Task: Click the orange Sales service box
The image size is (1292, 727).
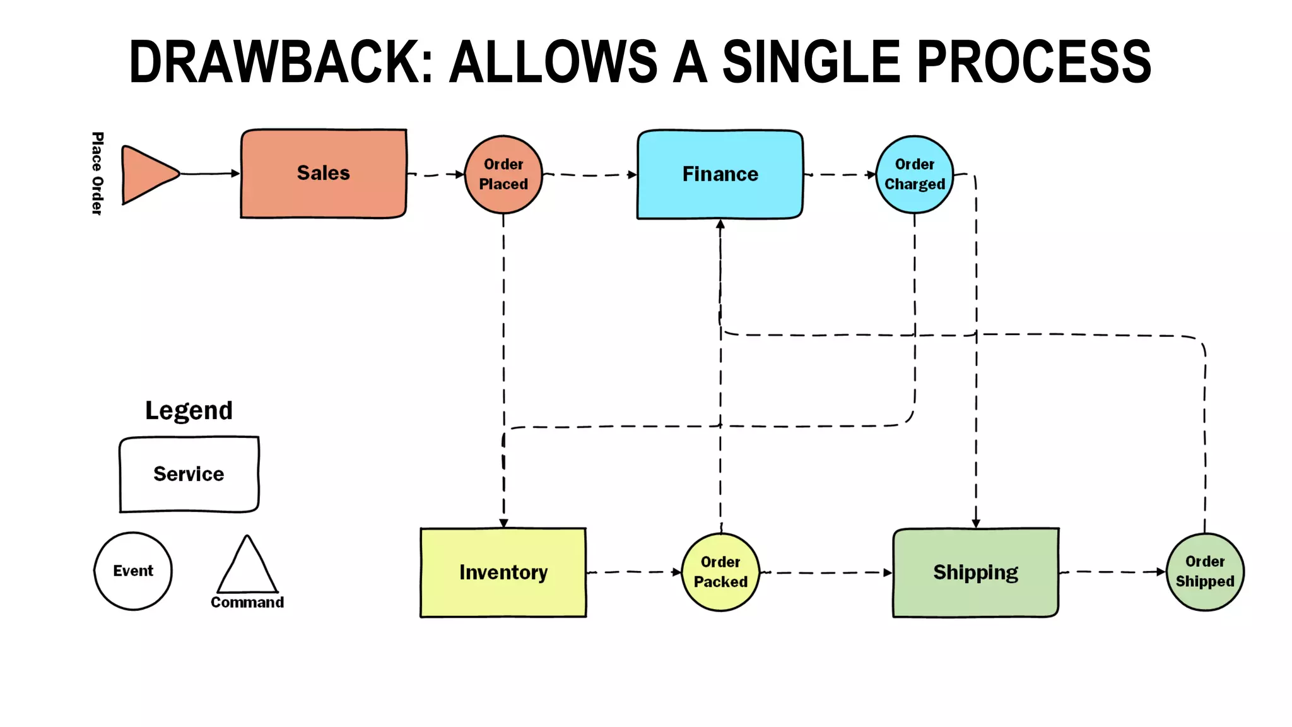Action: [323, 174]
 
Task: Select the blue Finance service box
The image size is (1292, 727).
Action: [720, 174]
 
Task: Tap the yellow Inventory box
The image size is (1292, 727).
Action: [503, 572]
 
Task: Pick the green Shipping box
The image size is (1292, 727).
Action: [975, 572]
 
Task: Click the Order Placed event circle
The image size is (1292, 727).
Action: [503, 174]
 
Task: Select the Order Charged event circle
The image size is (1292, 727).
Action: [914, 174]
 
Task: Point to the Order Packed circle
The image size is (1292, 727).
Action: [720, 572]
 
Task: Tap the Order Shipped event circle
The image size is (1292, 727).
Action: [1204, 572]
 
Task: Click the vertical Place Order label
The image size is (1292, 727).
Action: [97, 174]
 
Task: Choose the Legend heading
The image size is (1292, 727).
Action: [189, 411]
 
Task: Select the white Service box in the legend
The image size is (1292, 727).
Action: [189, 474]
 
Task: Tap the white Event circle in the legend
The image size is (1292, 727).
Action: [133, 570]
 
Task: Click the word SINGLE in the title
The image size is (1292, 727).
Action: [811, 62]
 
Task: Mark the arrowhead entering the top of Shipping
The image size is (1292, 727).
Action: [976, 523]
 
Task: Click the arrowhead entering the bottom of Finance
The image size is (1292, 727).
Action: [720, 224]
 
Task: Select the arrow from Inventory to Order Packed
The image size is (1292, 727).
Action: [633, 572]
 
